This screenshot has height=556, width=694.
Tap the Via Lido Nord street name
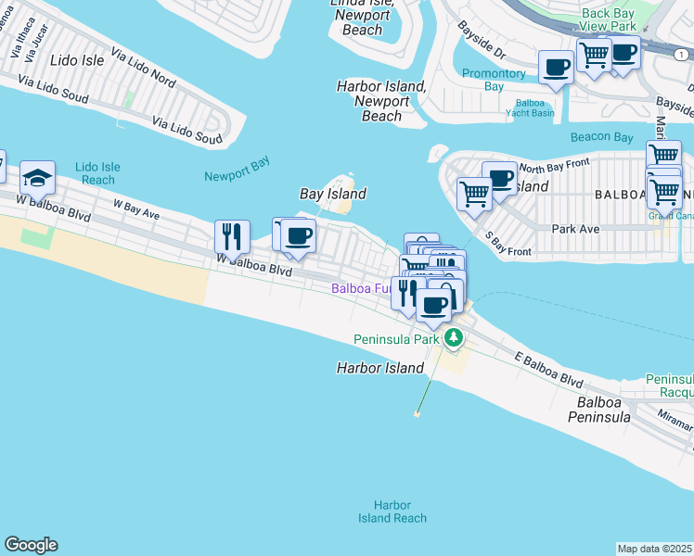pos(143,68)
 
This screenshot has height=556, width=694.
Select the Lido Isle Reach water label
pos(96,173)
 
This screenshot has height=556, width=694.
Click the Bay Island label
pos(333,194)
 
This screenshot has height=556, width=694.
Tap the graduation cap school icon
pos(37,178)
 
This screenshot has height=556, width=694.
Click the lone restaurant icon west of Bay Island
pos(231,236)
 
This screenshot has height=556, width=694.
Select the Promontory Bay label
pos(494,80)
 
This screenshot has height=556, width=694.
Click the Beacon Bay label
pos(602,136)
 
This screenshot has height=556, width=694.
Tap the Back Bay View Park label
pos(609,19)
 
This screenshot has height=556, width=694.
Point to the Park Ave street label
pos(576,228)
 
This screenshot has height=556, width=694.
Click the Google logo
pos(31,545)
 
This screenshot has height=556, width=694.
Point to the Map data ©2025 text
pos(655,549)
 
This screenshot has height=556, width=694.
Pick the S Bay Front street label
pos(506,245)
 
